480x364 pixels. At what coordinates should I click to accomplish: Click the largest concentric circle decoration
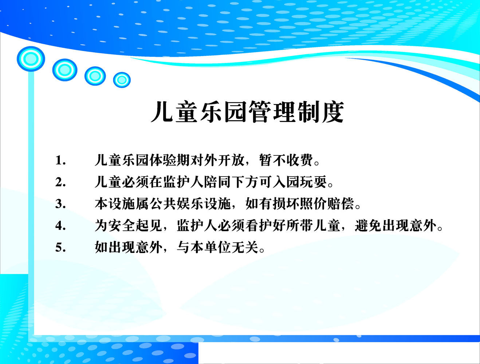tap(31, 59)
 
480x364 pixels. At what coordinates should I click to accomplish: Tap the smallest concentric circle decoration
tap(122, 80)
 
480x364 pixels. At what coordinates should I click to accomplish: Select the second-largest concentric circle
tap(65, 70)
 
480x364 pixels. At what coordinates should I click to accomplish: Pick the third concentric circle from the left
tap(95, 76)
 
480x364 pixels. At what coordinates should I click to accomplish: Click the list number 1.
tap(60, 161)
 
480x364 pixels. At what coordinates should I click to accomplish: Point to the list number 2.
tap(60, 182)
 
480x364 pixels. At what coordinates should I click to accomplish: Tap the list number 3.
tap(60, 204)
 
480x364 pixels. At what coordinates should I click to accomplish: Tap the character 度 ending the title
tap(333, 111)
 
